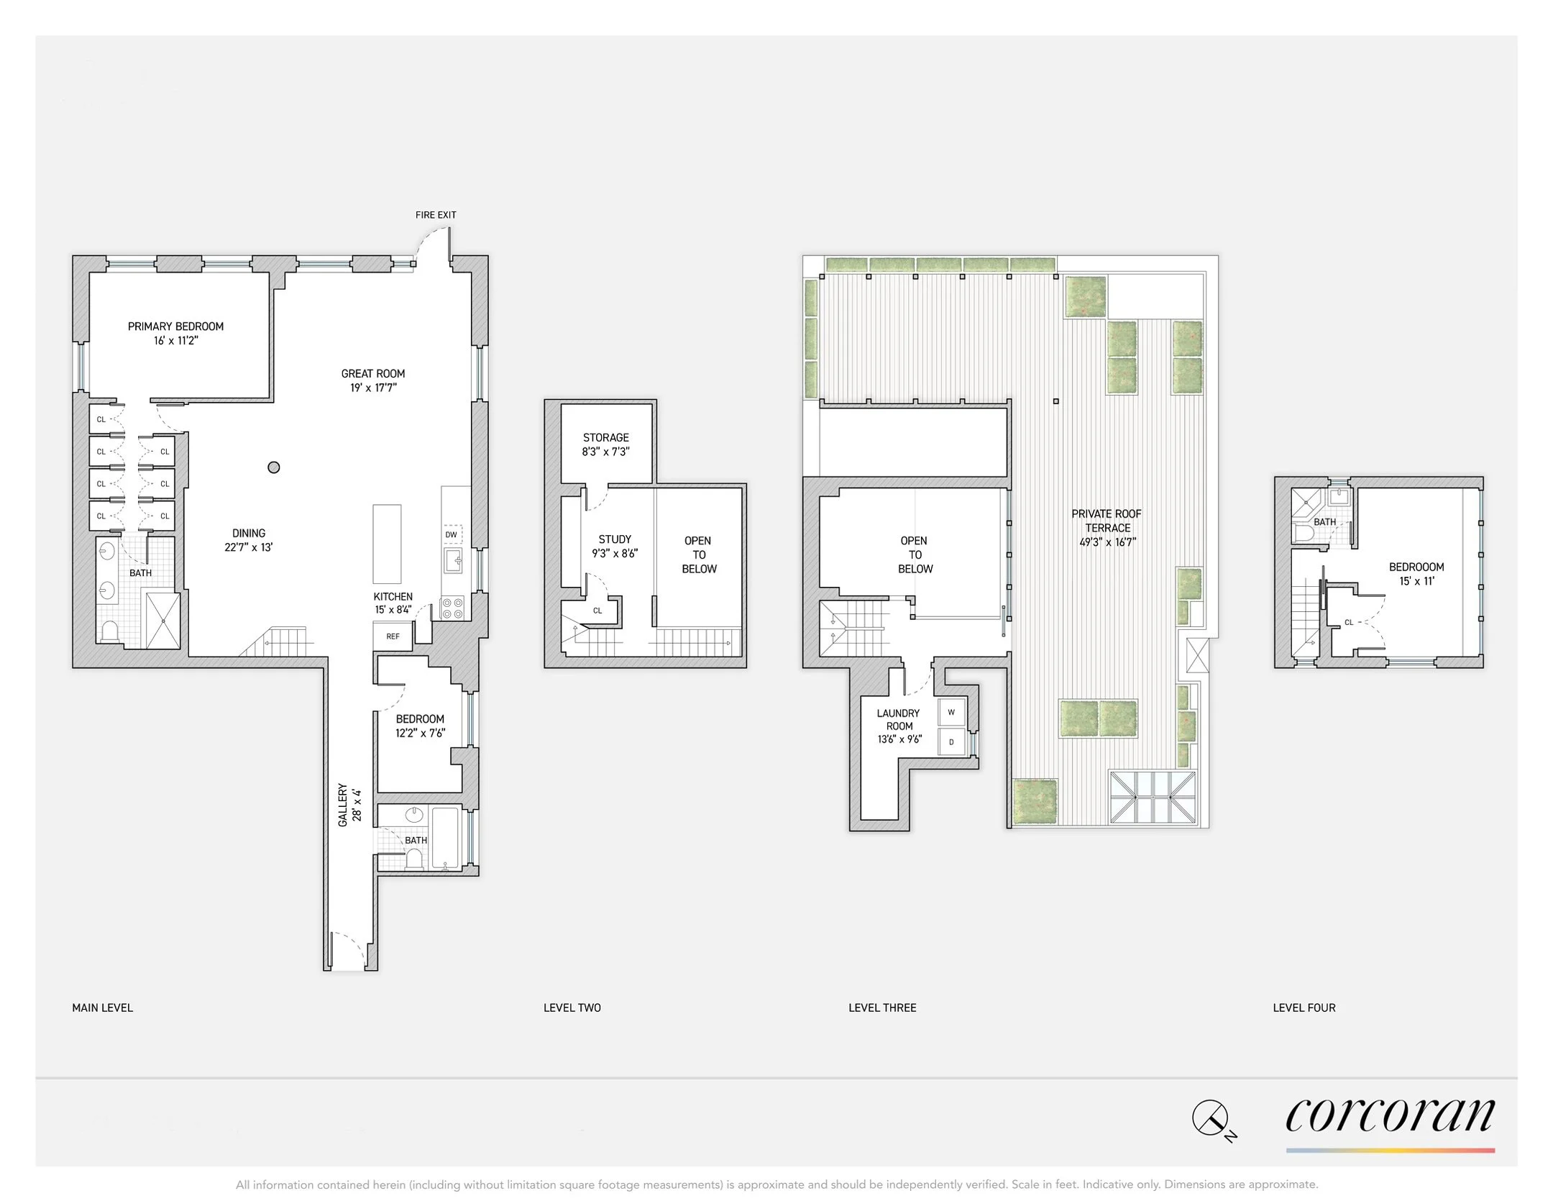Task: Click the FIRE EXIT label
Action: click(x=436, y=215)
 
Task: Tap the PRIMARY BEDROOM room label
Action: click(x=175, y=326)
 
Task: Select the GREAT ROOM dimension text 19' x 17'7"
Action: click(x=373, y=388)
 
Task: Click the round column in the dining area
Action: click(x=273, y=467)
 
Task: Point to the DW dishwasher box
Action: click(x=452, y=534)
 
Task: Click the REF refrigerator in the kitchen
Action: click(x=393, y=636)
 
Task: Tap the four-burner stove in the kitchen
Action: click(x=452, y=608)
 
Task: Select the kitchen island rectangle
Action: click(x=387, y=544)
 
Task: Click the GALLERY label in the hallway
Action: click(x=343, y=805)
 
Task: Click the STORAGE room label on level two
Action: click(x=606, y=437)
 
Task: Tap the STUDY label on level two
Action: click(x=615, y=539)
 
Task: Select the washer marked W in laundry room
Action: click(x=951, y=713)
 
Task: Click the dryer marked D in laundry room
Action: click(x=951, y=741)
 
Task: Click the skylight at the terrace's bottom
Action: click(x=1153, y=798)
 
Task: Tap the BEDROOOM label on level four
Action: click(x=1416, y=567)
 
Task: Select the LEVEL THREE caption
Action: click(x=882, y=1008)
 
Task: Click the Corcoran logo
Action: click(x=1390, y=1117)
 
